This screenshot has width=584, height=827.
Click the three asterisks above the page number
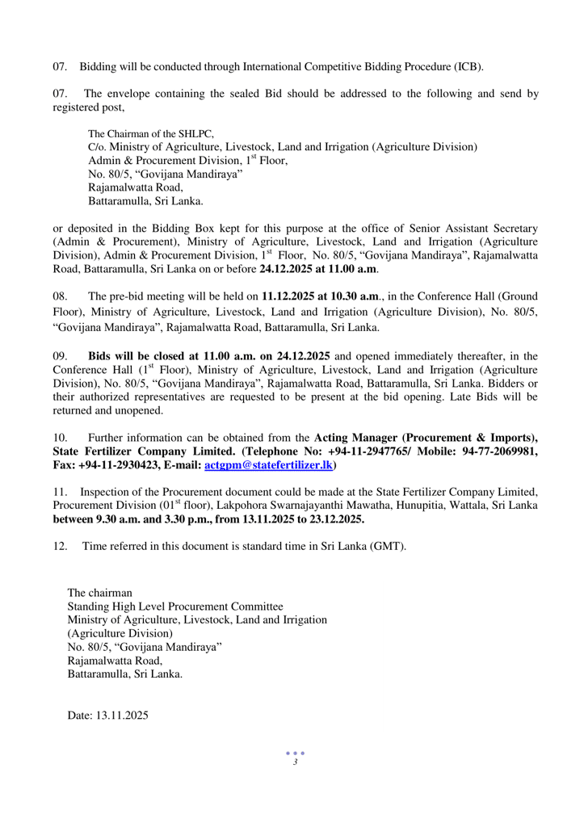[x=296, y=754]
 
